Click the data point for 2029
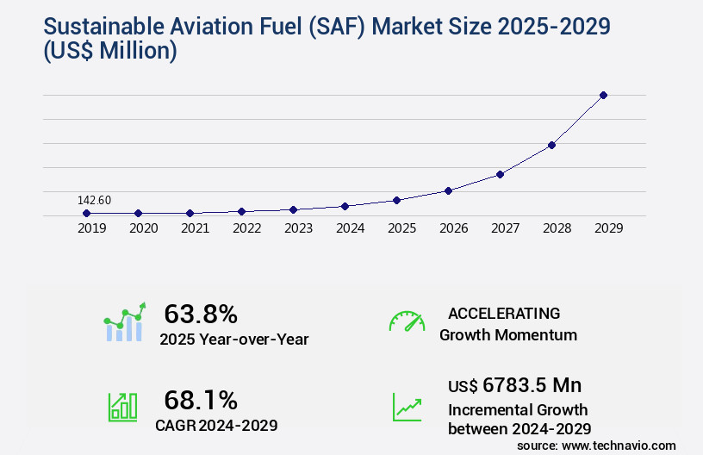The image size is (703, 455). pos(603,95)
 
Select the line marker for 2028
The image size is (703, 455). pos(551,145)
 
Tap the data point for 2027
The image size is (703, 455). pos(500,174)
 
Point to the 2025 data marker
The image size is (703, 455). pos(396,200)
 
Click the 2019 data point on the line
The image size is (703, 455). pos(86,213)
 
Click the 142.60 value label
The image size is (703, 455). pos(94,200)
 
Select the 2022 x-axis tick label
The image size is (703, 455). pos(246,228)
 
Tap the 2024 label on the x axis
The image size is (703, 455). pos(350,228)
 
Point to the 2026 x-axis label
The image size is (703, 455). pos(453,228)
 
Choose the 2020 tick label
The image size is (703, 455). pos(143,228)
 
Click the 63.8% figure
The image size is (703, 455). pos(201,314)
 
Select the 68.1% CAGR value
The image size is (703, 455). pos(201,400)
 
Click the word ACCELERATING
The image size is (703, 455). pos(504,313)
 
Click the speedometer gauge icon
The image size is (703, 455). pos(407,321)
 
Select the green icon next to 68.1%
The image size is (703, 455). pos(121,407)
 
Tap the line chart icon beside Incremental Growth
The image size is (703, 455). pos(407,407)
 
